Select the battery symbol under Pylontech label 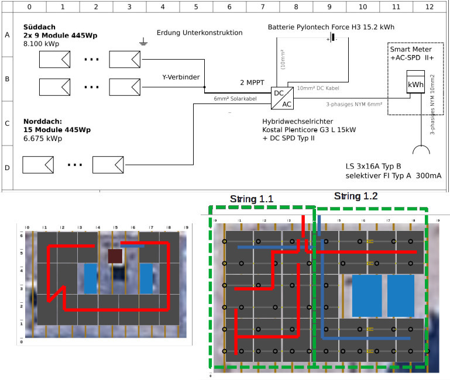click(332, 38)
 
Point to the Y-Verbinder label click(181, 77)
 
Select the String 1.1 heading click(252, 199)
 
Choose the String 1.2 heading click(356, 196)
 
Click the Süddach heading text click(40, 27)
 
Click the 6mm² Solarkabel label click(235, 98)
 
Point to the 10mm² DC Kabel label click(318, 88)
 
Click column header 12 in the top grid click(430, 6)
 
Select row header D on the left click(7, 168)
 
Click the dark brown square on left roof click(115, 256)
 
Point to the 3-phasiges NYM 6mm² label click(354, 104)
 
